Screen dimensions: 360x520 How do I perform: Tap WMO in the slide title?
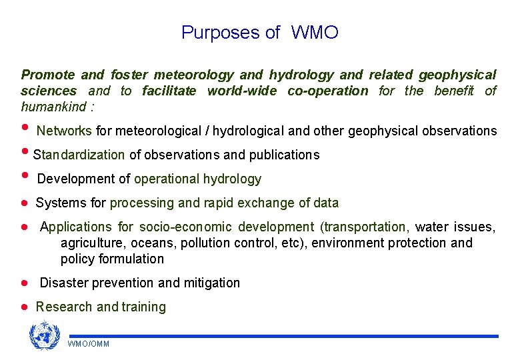[314, 33]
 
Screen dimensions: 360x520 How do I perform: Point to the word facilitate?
[169, 91]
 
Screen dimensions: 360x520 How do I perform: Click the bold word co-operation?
[327, 91]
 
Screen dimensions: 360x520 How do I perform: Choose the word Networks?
[65, 131]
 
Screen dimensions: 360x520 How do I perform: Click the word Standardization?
[79, 155]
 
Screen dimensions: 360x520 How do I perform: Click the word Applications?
[75, 227]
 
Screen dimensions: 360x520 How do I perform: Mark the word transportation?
[364, 227]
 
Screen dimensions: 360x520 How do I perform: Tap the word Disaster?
[63, 283]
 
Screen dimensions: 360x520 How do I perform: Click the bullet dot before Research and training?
[23, 307]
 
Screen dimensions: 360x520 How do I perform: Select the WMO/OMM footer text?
[88, 344]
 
